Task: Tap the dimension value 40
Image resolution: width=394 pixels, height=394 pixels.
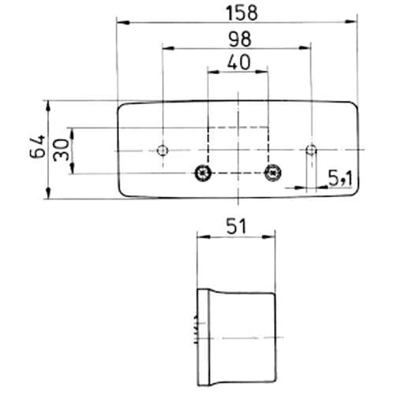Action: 238,63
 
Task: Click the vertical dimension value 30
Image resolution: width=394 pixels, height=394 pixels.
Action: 61,150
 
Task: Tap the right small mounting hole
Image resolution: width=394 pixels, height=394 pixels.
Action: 311,150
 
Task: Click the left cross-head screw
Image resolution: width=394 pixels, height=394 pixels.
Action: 203,172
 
